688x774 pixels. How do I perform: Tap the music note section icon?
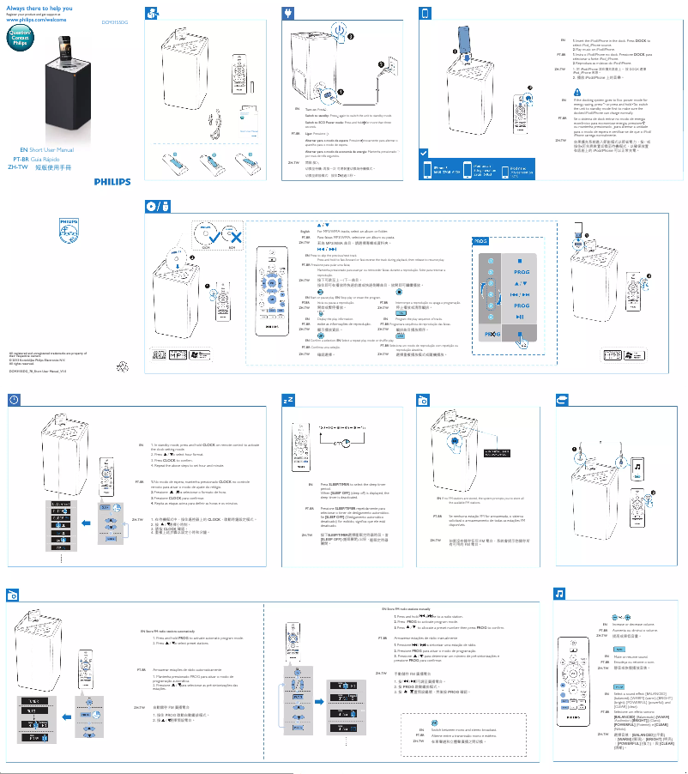[x=559, y=594]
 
